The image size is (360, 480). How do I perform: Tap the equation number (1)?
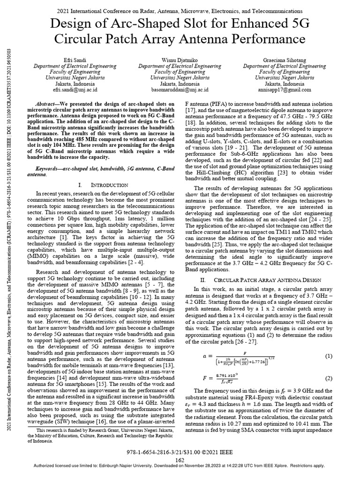pos(328,356)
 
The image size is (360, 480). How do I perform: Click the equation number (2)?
pos(328,378)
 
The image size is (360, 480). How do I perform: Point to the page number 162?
pos(180,460)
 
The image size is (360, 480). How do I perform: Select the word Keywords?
pos(49,168)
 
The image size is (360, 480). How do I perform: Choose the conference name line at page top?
pos(180,10)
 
